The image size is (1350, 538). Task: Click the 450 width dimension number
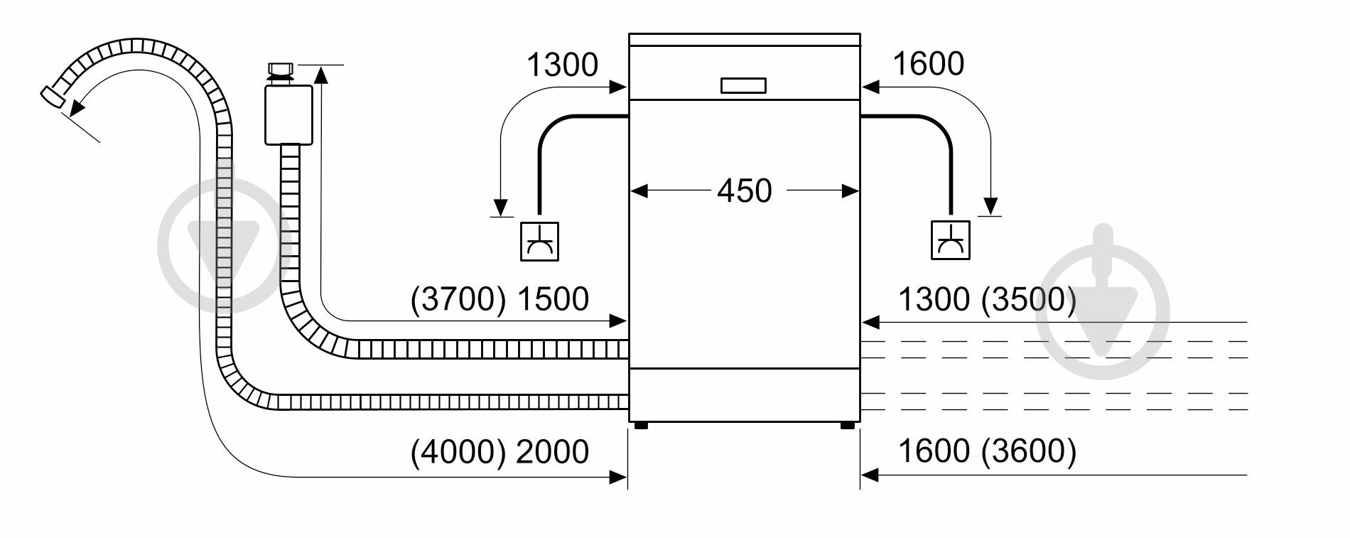[744, 191]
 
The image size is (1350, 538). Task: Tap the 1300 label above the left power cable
[562, 65]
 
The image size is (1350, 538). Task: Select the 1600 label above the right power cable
[927, 64]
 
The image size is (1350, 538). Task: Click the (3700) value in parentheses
[458, 299]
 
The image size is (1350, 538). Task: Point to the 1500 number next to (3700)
[552, 299]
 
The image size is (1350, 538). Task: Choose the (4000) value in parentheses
[458, 451]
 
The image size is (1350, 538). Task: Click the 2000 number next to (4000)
[552, 451]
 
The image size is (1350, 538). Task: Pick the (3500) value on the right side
[1028, 300]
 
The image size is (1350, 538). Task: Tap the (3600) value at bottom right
[1028, 451]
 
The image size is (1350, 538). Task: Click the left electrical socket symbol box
[539, 241]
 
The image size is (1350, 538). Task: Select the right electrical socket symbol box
[950, 241]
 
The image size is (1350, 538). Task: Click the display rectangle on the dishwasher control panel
[743, 86]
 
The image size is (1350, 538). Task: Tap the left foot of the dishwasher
[640, 426]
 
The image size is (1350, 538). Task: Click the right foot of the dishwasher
[847, 426]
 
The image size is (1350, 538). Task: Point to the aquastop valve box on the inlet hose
[288, 114]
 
